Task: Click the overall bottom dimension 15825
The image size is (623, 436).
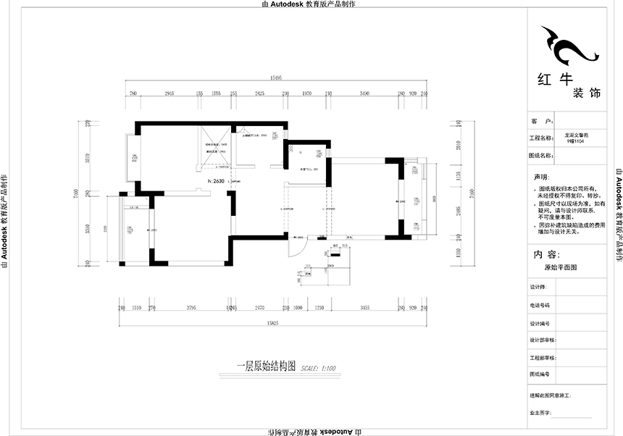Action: (272, 322)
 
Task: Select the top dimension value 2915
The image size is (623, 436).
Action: (170, 94)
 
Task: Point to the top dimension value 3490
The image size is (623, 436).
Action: (364, 94)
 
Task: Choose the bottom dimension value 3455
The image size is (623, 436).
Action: (364, 308)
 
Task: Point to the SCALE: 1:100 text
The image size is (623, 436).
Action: (318, 368)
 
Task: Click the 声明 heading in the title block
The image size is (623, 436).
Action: (542, 177)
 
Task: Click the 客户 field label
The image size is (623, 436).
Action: (542, 121)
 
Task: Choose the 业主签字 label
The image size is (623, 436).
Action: (541, 412)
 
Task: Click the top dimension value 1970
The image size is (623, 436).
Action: (306, 94)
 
